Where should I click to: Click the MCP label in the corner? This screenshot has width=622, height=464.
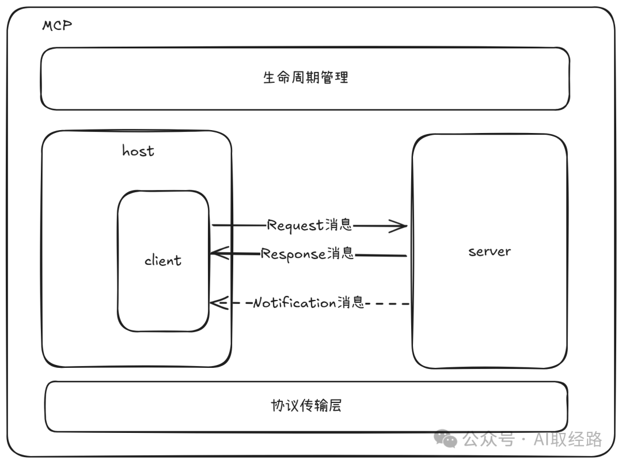coord(56,26)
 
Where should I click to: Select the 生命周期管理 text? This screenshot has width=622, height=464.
coord(305,77)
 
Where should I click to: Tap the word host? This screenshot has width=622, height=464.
coord(138,151)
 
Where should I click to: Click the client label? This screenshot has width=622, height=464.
coord(163,260)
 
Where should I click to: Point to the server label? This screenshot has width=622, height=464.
coord(489,251)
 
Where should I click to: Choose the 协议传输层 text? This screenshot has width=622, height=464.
coord(306,405)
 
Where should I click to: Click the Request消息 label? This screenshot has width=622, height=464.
coord(309,225)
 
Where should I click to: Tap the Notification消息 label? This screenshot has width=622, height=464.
coord(309,302)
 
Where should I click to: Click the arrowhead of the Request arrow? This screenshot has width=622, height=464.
coord(403,226)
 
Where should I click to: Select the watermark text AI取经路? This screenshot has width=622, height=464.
coord(568,439)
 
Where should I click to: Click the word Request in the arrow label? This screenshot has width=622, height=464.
coord(295,225)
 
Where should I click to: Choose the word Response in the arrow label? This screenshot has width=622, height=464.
coord(293,254)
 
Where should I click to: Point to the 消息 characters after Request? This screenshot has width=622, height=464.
coord(338,225)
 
